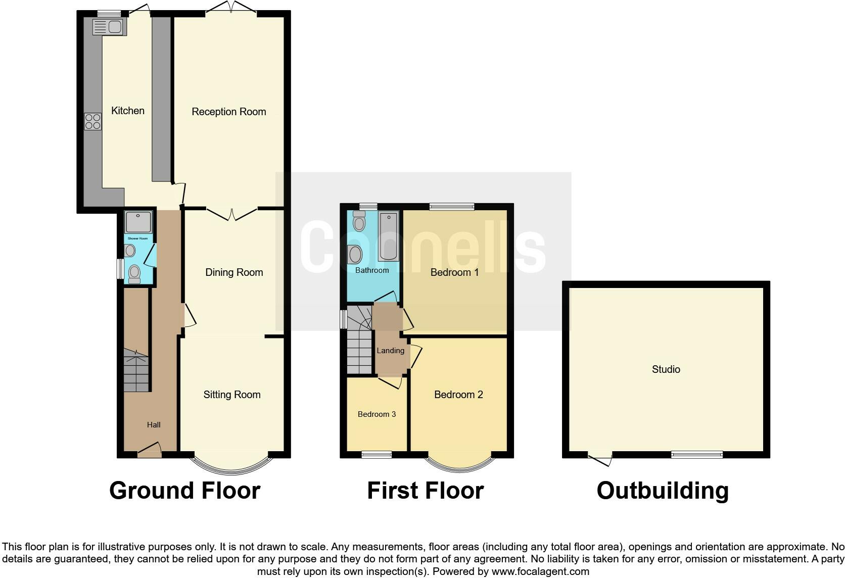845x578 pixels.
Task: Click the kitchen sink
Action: [x=109, y=27]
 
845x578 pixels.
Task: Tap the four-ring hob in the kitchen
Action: [x=92, y=121]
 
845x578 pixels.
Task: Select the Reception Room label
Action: [x=228, y=112]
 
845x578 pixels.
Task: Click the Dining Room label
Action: [x=234, y=272]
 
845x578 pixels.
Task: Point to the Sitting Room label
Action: [x=232, y=395]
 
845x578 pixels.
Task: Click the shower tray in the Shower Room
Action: [x=138, y=222]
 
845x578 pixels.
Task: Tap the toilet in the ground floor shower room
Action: [x=134, y=273]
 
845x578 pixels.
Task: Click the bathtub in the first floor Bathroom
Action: [x=388, y=235]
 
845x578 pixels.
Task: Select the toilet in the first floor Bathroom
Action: [x=359, y=221]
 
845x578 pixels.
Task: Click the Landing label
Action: [x=390, y=351]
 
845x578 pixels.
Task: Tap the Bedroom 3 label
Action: [x=377, y=414]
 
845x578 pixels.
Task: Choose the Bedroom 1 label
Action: [x=454, y=272]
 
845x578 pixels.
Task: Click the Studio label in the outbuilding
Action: [x=666, y=369]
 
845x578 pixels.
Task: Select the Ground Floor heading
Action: [x=184, y=491]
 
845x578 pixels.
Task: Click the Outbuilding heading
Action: [x=663, y=491]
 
